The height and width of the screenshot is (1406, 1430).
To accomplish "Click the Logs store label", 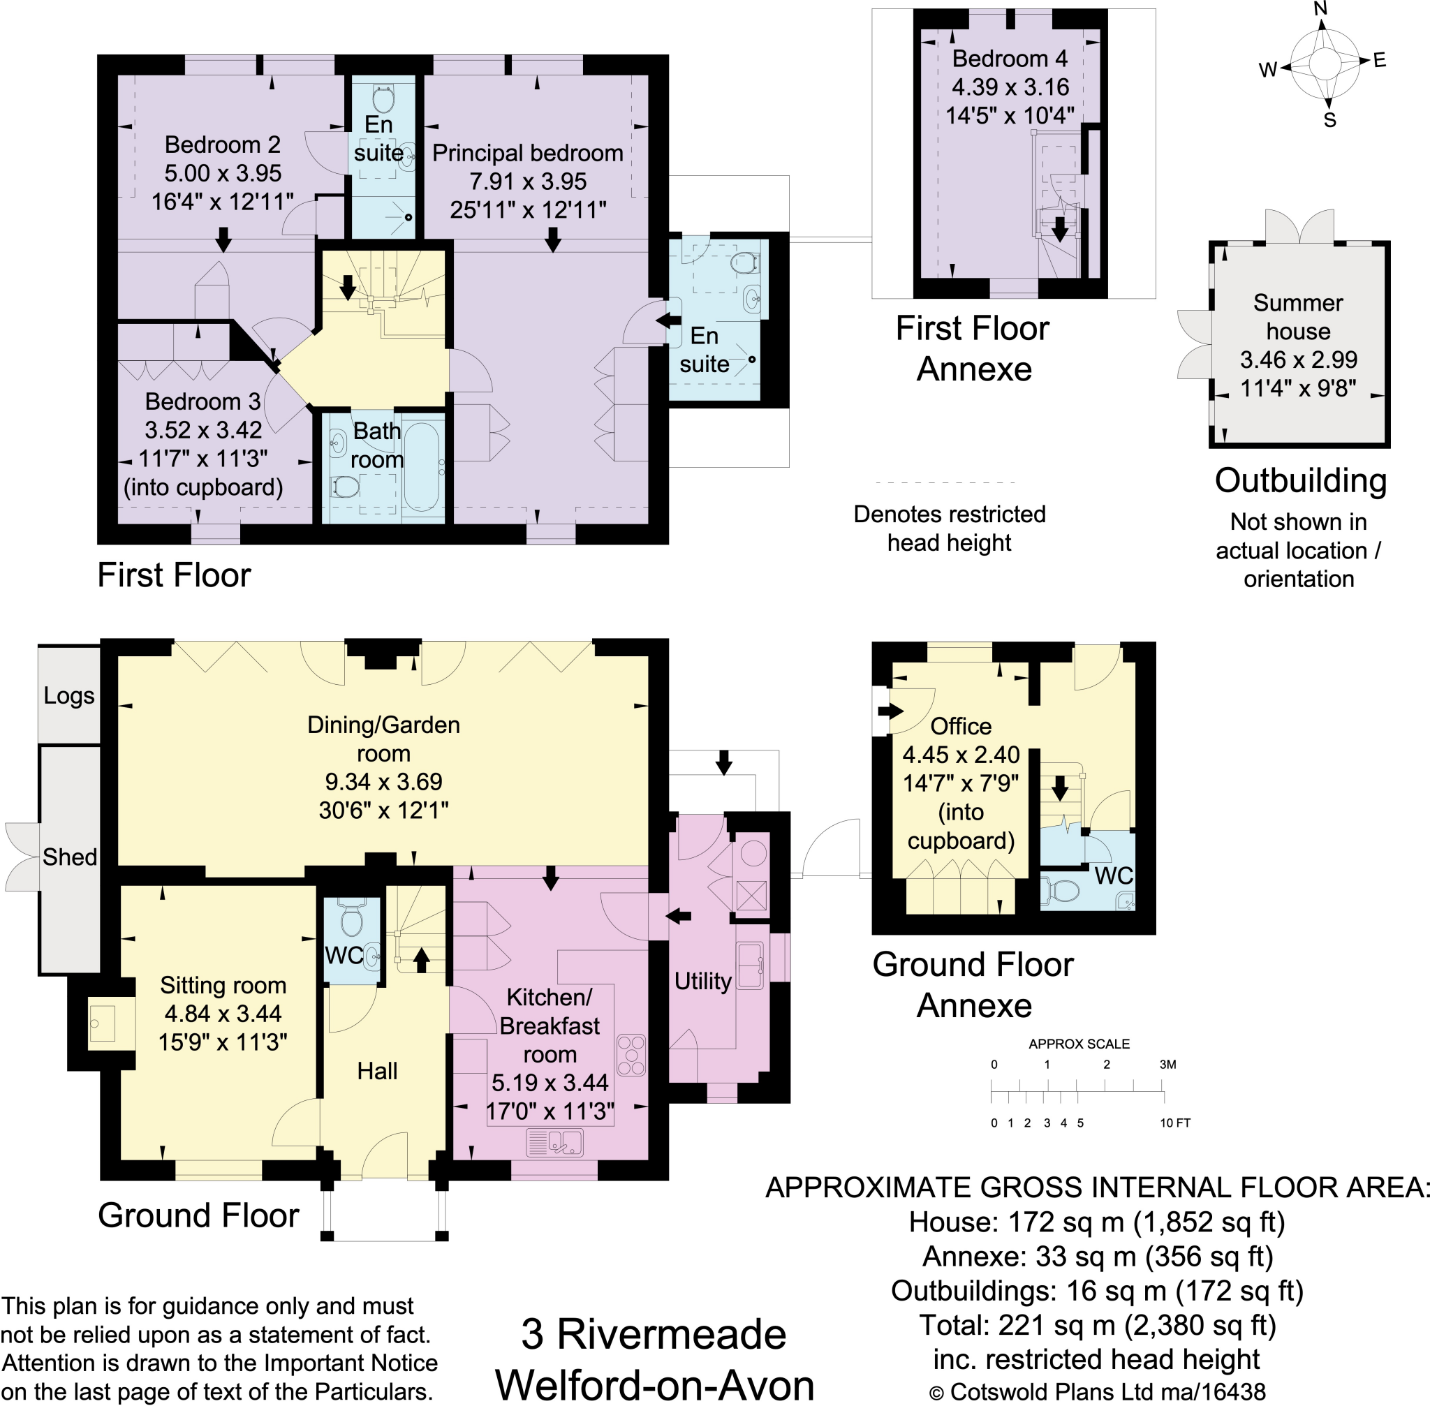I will (68, 695).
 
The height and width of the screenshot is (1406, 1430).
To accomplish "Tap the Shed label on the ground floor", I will (69, 857).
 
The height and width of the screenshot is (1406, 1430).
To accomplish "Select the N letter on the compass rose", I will (1321, 9).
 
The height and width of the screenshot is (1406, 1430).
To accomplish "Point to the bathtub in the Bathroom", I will (422, 467).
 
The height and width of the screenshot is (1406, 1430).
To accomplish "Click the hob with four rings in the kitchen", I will (631, 1054).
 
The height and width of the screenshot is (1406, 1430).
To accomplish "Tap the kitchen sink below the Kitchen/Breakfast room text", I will (554, 1144).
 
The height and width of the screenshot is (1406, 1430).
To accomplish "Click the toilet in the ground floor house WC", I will (351, 919).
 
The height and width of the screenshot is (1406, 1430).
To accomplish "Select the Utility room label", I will (702, 981).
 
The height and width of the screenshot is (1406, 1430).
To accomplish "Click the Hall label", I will (377, 1071).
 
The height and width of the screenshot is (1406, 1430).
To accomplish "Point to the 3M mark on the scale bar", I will (1167, 1064).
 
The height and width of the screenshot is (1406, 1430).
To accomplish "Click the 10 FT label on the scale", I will (1174, 1123).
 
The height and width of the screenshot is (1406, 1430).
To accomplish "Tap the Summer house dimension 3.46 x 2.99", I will (1299, 360).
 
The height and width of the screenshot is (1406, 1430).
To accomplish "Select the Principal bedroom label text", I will (527, 153).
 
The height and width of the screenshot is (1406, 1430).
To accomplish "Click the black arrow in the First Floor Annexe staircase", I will (1060, 230).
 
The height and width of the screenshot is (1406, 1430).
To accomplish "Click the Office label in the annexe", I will (960, 726).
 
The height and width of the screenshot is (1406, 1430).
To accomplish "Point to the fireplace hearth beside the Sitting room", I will (102, 1023).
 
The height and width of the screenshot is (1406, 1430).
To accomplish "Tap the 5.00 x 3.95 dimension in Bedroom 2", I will (222, 173).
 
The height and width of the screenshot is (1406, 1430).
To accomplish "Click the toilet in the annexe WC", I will (1061, 891).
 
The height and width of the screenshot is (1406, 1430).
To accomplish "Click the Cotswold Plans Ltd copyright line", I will (1097, 1392).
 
